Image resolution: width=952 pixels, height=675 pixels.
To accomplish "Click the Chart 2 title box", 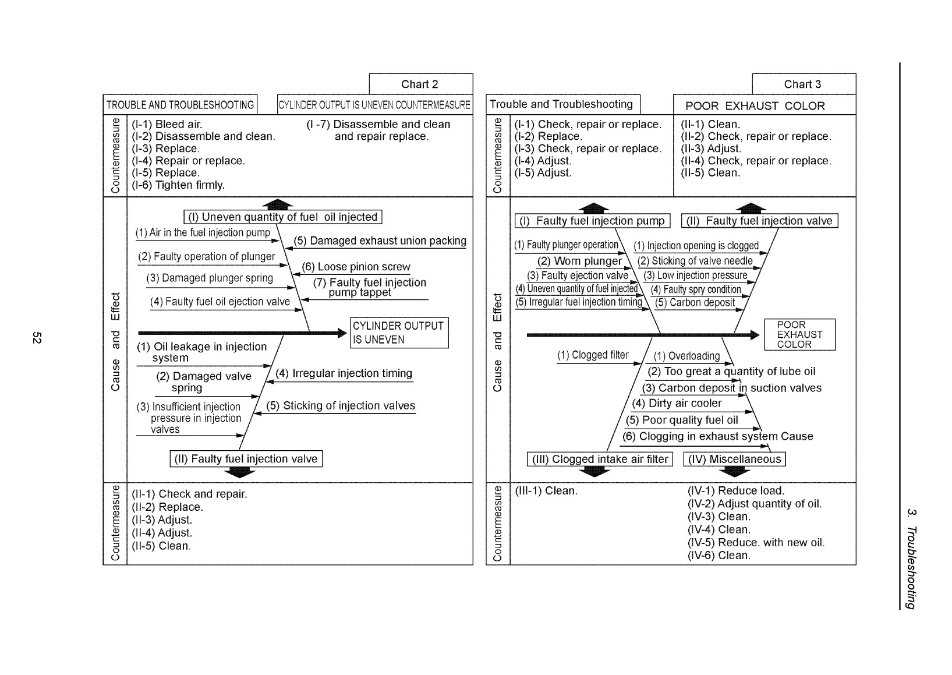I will tap(420, 84).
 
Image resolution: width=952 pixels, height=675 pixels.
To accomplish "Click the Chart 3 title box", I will tap(803, 84).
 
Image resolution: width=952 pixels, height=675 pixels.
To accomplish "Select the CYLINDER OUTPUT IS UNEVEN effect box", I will tap(399, 333).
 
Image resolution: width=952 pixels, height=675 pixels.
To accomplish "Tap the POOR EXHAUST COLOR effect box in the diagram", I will tap(799, 335).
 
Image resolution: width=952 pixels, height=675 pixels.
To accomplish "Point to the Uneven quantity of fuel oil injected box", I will tap(283, 217).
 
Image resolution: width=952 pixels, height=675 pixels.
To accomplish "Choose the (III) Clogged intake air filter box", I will tap(600, 459).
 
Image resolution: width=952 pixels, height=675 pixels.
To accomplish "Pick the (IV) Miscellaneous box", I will tap(735, 459).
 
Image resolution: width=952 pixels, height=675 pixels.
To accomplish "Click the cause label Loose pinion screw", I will tap(356, 267).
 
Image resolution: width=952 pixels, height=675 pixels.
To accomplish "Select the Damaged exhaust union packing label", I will tap(380, 241).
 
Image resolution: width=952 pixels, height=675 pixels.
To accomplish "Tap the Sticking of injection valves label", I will tap(341, 406).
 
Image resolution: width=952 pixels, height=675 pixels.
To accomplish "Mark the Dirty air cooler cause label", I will tap(677, 403).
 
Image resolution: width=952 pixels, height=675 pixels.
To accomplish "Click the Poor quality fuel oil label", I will tap(682, 420).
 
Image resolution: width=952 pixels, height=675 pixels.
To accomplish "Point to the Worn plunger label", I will tap(579, 261).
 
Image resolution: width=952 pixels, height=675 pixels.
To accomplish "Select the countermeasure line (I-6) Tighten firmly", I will tap(178, 185).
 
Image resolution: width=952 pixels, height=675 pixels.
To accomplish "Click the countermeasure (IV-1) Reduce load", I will tap(736, 490).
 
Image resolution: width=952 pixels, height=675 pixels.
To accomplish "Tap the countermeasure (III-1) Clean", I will tap(546, 490).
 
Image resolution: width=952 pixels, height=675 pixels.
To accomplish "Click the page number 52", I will tap(37, 338).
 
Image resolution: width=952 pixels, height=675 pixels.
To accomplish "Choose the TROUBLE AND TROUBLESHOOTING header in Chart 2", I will tap(180, 105).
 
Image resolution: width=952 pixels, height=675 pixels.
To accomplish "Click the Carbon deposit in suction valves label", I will tap(731, 388).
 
